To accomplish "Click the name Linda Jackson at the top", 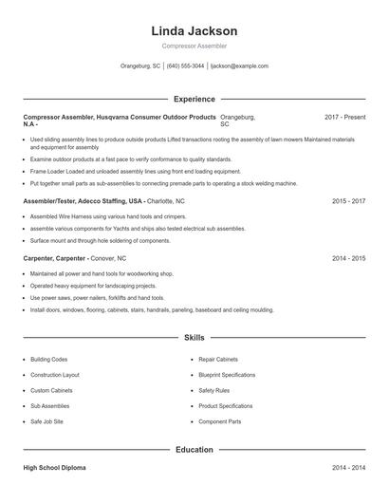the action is pyautogui.click(x=194, y=30).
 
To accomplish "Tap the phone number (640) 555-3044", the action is pyautogui.click(x=185, y=66).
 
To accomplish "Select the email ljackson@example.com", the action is pyautogui.click(x=239, y=66).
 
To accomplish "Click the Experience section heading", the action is pyautogui.click(x=194, y=99).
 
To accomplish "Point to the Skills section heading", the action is pyautogui.click(x=194, y=337).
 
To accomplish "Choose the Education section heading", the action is pyautogui.click(x=194, y=449).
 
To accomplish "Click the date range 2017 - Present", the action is pyautogui.click(x=344, y=117).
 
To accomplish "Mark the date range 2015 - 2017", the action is pyautogui.click(x=348, y=202).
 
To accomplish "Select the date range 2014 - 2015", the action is pyautogui.click(x=348, y=258).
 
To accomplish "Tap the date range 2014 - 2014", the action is pyautogui.click(x=348, y=469).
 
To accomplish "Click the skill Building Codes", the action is pyautogui.click(x=48, y=360).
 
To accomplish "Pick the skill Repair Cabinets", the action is pyautogui.click(x=219, y=360).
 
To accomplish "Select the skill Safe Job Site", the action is pyautogui.click(x=46, y=420).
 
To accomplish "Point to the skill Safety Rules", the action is pyautogui.click(x=213, y=390).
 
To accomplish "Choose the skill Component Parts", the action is pyautogui.click(x=219, y=420).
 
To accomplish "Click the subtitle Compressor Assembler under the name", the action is pyautogui.click(x=194, y=46).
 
